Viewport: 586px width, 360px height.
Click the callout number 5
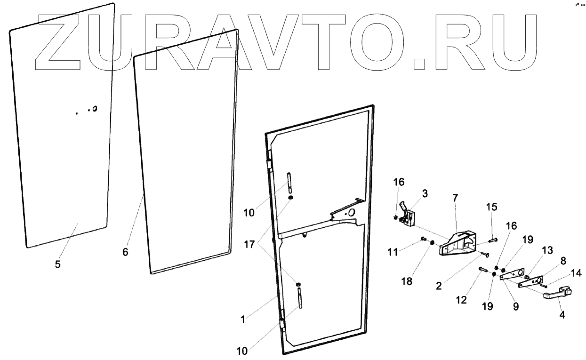57,264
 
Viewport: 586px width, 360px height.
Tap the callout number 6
125,252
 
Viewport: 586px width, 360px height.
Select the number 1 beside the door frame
243,320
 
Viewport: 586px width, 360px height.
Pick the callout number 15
491,207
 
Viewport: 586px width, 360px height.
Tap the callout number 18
407,281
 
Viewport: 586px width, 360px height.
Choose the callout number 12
462,299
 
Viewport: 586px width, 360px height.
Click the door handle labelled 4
558,294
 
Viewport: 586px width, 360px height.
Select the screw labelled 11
422,239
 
